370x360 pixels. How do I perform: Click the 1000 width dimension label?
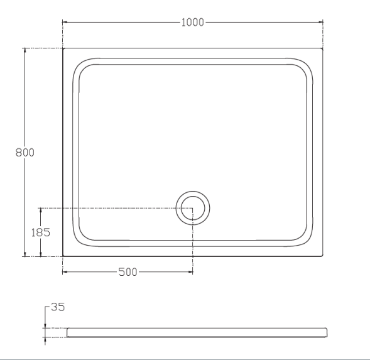(x=193, y=23)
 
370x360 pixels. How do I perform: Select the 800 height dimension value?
(x=24, y=152)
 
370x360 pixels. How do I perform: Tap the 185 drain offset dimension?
(x=41, y=231)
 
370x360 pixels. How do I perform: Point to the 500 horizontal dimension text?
(x=128, y=272)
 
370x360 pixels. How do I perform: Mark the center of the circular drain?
(x=192, y=208)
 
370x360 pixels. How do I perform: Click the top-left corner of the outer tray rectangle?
(x=63, y=48)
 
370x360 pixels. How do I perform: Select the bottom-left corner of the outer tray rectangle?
(x=63, y=256)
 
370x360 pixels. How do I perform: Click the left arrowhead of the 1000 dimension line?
(x=64, y=23)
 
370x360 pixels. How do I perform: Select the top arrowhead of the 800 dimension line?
(x=24, y=50)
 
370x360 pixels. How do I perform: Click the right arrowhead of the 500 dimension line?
(x=191, y=272)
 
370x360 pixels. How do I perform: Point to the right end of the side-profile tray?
(x=327, y=332)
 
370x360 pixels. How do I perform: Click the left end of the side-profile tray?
(x=67, y=332)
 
